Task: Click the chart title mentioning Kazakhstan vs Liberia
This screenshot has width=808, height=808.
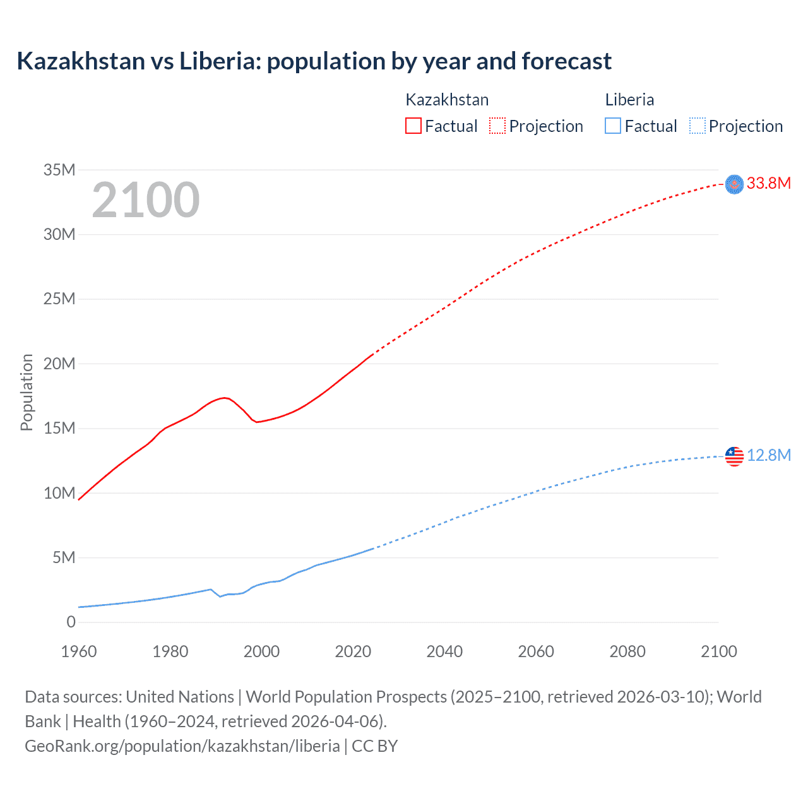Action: [314, 61]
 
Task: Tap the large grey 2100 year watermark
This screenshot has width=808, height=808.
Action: [146, 200]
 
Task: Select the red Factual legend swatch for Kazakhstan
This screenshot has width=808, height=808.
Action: [413, 126]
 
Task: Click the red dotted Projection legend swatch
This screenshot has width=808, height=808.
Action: [497, 126]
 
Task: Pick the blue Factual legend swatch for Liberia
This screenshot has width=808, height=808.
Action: [613, 126]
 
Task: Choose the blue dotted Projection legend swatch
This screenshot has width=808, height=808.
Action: [698, 126]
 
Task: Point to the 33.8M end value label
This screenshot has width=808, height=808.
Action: [768, 184]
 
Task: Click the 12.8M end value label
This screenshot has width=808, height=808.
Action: [768, 456]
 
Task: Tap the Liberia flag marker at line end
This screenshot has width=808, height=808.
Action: [734, 456]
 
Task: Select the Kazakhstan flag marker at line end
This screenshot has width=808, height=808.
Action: [734, 184]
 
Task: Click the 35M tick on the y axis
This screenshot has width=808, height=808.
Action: [59, 170]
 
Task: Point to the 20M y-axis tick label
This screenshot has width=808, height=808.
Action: [59, 364]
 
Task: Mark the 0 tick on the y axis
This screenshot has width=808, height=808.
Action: [71, 622]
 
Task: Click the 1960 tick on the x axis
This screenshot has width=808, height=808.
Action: [79, 651]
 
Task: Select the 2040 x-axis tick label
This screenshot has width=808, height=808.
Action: [444, 651]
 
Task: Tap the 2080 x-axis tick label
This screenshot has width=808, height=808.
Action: [627, 651]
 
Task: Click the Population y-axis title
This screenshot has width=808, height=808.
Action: [27, 392]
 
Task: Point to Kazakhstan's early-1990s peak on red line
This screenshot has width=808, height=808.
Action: [225, 398]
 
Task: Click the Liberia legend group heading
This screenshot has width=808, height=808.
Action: [629, 100]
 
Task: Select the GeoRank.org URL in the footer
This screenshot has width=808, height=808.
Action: [182, 746]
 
